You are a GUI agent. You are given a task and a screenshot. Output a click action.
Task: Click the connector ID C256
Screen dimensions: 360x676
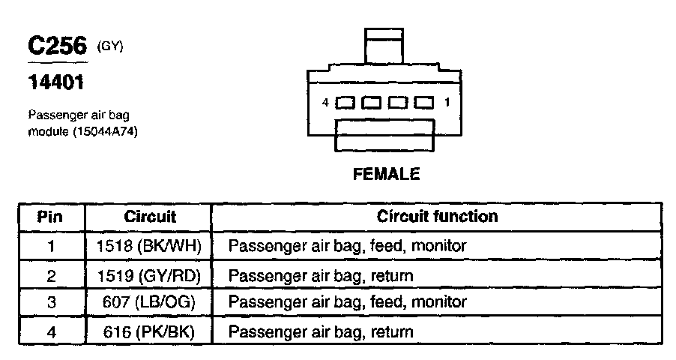point(58,46)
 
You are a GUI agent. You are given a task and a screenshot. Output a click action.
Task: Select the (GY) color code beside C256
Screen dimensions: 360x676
point(109,46)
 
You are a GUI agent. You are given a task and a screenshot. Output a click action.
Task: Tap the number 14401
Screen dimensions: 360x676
point(55,81)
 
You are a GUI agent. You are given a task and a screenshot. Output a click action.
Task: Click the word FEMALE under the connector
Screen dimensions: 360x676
point(386,174)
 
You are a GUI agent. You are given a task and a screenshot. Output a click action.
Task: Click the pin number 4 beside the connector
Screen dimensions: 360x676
point(325,102)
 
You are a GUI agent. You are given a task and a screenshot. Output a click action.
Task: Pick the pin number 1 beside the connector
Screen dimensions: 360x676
point(447,102)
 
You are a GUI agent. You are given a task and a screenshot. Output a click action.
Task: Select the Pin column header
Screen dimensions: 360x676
point(51,217)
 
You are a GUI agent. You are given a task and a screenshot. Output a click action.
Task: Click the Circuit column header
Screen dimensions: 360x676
point(149,217)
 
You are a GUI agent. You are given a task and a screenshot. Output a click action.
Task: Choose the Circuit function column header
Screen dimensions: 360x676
point(437,217)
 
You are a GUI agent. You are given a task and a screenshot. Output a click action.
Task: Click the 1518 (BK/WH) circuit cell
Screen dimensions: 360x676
point(149,245)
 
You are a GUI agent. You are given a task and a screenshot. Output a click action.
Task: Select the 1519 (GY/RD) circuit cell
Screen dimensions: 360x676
point(149,275)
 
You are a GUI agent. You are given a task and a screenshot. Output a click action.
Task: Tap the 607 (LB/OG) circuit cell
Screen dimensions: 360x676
point(149,302)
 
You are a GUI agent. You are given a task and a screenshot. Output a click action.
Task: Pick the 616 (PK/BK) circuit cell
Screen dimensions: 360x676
point(149,331)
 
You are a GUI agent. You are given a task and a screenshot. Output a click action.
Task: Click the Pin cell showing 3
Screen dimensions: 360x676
point(51,302)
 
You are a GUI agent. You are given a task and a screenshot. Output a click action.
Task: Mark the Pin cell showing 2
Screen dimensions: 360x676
point(51,275)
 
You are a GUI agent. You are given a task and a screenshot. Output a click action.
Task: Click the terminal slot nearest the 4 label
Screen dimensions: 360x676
point(345,103)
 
